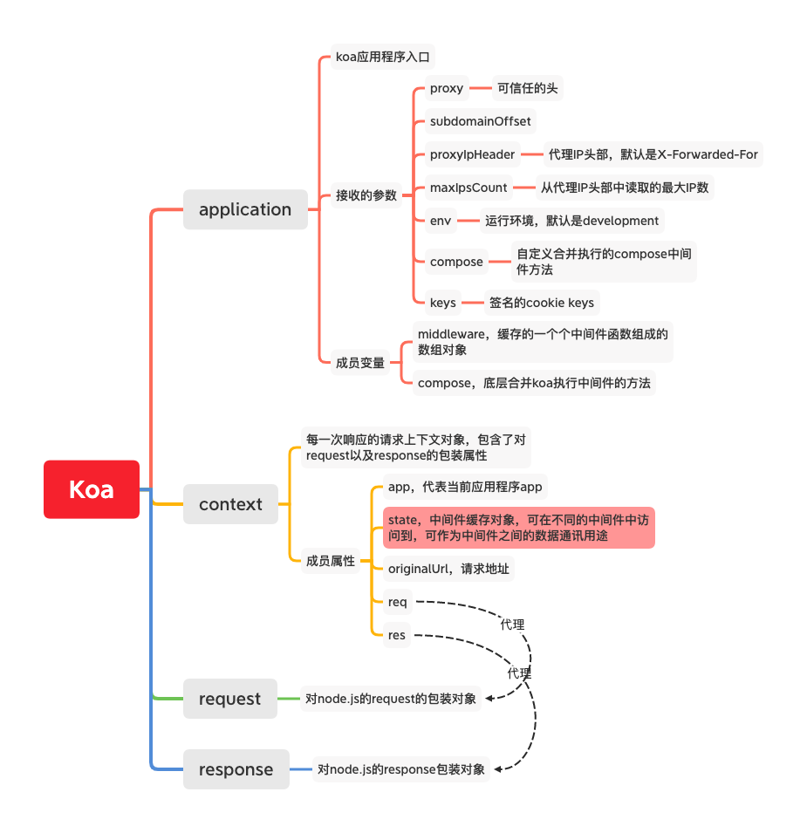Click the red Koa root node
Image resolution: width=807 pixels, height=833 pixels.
[x=92, y=489]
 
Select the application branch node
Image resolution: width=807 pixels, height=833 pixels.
[x=245, y=209]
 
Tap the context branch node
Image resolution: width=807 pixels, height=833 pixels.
[x=230, y=504]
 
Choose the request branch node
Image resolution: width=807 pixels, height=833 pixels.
[x=229, y=699]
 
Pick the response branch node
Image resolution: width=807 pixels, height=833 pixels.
[x=236, y=769]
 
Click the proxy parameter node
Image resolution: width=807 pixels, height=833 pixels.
[x=447, y=88]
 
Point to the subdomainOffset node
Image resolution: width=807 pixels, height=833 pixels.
[x=480, y=121]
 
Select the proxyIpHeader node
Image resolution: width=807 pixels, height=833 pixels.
[x=472, y=154]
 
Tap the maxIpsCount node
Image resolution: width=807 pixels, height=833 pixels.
[x=468, y=188]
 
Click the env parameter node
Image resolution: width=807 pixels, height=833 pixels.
[x=441, y=221]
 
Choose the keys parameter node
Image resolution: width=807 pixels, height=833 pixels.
[x=443, y=303]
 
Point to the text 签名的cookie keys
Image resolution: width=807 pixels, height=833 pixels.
[x=541, y=303]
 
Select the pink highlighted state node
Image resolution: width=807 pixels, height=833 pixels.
[x=518, y=528]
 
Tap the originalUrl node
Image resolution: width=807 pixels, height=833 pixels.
[x=448, y=569]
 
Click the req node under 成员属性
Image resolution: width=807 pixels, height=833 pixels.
[x=398, y=602]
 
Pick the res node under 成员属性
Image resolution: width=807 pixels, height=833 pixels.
[x=397, y=635]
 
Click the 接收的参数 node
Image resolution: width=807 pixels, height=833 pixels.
[x=366, y=195]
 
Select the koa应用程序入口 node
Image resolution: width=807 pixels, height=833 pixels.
[x=385, y=58]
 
